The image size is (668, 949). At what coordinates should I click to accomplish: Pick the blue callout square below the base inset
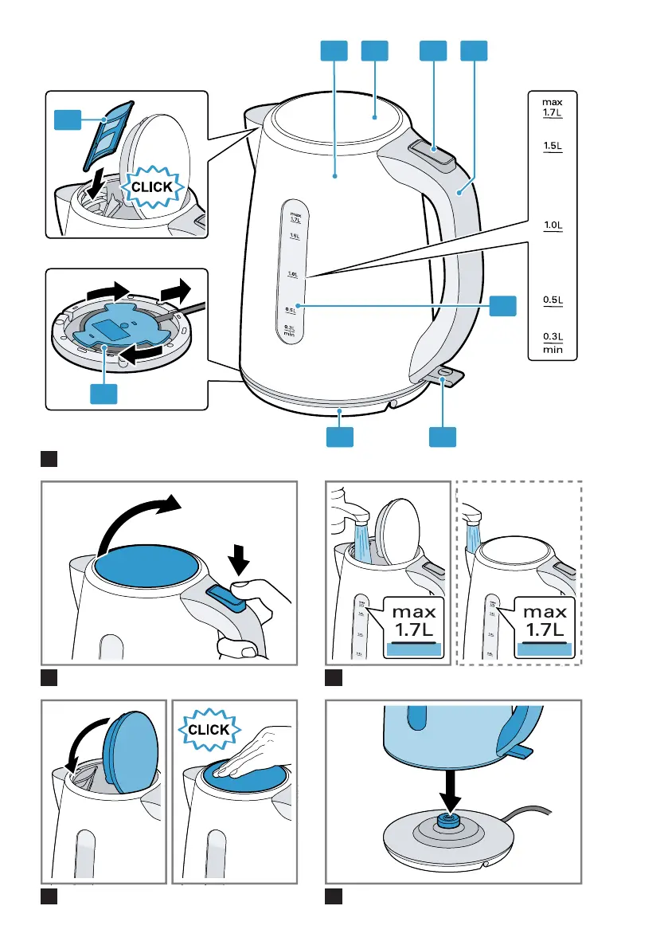(104, 393)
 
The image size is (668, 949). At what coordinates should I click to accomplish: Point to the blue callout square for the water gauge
(502, 305)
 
